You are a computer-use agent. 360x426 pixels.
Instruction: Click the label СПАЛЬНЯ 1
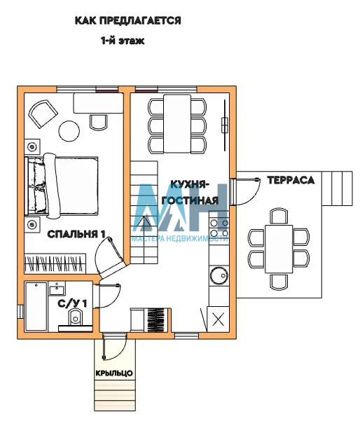[76, 234]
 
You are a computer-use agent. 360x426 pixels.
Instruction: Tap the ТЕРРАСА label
[291, 180]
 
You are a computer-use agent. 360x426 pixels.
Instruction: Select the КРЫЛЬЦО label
[114, 373]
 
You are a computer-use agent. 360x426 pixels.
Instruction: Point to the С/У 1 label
[72, 303]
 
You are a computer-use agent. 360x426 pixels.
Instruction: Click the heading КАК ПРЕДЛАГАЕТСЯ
[128, 20]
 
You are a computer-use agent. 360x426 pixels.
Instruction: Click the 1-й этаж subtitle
[123, 41]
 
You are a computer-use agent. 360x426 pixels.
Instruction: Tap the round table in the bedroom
[69, 131]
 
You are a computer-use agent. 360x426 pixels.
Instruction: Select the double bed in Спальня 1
[62, 186]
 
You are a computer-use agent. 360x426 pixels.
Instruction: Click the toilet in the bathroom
[75, 318]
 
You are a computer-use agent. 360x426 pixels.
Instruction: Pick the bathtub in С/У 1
[36, 306]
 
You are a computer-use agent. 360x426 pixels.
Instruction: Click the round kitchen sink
[219, 275]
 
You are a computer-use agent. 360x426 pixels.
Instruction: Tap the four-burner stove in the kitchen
[219, 228]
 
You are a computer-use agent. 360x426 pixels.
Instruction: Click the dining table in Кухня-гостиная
[177, 123]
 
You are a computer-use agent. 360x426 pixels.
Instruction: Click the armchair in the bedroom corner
[43, 114]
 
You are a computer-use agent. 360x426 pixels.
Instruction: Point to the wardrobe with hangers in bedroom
[55, 263]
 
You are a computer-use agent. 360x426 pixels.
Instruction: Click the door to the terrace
[244, 191]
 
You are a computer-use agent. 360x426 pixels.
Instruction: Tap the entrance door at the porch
[114, 347]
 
